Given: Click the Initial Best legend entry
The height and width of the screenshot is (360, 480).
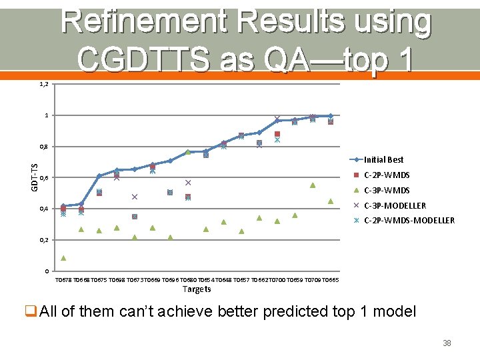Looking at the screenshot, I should click(383, 160).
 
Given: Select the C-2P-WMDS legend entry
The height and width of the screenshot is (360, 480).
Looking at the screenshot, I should click(387, 175).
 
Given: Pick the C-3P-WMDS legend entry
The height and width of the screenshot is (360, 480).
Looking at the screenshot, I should click(387, 191).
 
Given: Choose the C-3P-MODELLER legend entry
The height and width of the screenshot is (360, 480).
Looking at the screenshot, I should click(395, 206).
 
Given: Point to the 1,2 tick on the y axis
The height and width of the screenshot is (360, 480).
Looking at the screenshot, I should click(43, 85).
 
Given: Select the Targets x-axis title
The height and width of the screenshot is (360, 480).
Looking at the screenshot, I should click(197, 289).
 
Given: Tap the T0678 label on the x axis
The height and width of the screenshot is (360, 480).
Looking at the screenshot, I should click(63, 280).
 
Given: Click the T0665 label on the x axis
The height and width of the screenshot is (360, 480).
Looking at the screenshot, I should click(331, 280).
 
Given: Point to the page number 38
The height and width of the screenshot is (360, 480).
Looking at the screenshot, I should click(447, 343).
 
